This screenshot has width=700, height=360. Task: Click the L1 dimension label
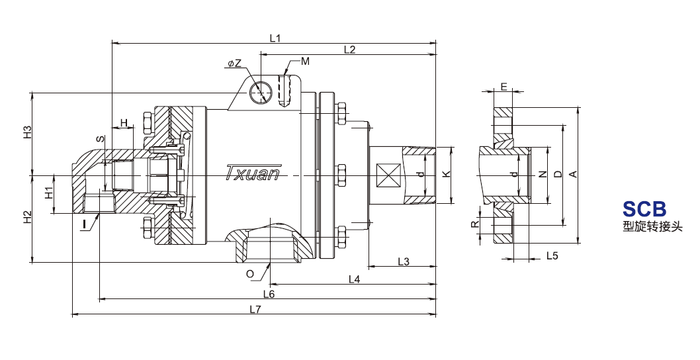pos(275,38)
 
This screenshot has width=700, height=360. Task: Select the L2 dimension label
pos(349,50)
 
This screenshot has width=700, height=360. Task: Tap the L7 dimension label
pos(255,308)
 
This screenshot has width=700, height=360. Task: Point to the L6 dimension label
pos(269,294)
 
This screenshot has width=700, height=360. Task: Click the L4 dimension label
pos(354,279)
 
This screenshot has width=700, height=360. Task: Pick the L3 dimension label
pos(403,262)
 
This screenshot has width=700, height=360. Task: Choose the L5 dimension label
pos(552,255)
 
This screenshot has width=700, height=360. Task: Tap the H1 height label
pos(50,193)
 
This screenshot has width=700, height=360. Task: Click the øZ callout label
pos(234,64)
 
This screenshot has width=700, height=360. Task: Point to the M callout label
pos(305,61)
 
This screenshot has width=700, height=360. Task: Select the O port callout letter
pos(250,274)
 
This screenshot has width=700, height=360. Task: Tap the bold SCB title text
pos(644,208)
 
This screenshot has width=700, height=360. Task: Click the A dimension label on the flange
pos(574,174)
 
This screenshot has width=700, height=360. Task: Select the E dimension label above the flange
pos(504,87)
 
